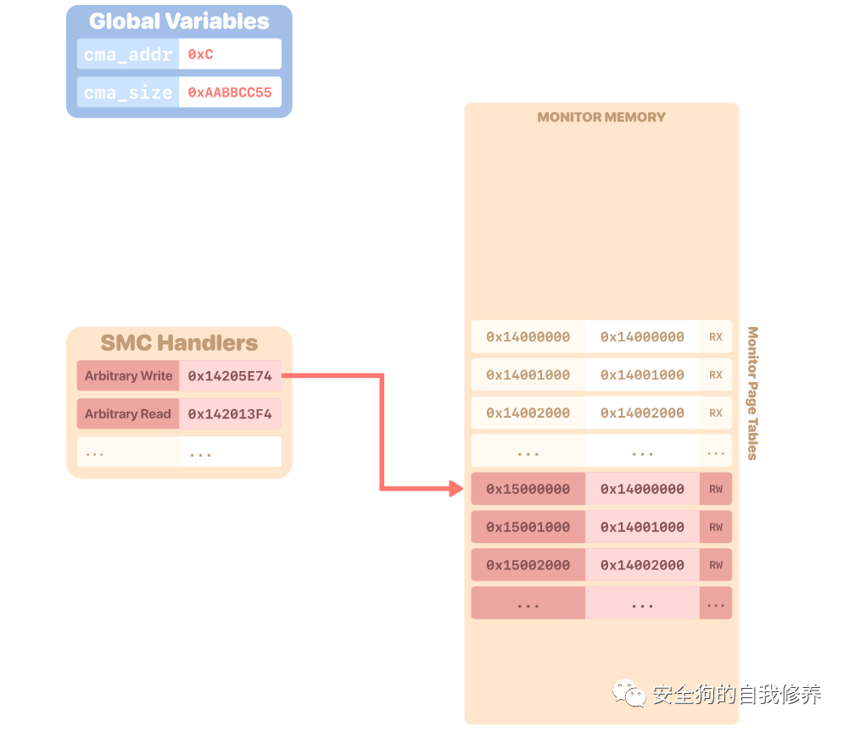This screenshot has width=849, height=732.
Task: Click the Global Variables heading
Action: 179,21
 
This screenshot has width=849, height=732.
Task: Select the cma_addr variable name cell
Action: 128,54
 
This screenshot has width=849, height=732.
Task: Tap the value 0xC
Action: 201,54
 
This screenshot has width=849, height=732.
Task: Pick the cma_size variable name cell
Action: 128,92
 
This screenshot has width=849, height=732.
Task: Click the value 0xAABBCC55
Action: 230,92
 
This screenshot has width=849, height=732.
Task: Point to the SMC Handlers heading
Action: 179,342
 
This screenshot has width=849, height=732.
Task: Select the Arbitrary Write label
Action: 128,375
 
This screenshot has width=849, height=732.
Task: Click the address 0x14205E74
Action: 230,375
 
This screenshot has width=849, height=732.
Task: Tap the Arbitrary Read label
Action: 128,413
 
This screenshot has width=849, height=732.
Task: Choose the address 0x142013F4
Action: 230,413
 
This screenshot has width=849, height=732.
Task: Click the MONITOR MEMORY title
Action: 601,117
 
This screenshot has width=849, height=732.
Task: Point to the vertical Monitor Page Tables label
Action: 752,393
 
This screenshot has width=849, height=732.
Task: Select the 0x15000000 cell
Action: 528,489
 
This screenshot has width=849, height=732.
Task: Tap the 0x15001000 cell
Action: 528,527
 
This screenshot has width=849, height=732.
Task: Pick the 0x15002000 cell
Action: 528,565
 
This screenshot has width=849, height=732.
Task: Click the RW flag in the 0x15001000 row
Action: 716,527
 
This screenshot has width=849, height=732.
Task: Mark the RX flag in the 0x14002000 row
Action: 716,413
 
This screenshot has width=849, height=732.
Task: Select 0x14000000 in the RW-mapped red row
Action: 642,489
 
